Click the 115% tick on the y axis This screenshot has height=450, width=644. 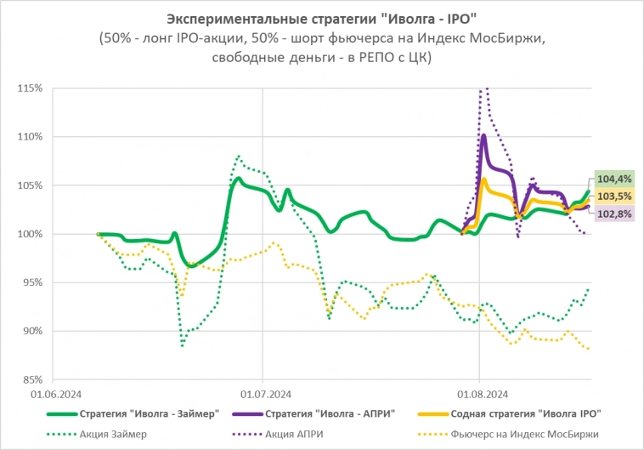click(30, 88)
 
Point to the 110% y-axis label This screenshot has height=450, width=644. click(30, 136)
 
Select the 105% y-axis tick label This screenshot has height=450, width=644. click(30, 185)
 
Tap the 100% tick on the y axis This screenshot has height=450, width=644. click(30, 234)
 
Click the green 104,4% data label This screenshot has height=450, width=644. click(613, 179)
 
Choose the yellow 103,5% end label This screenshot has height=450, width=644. click(613, 197)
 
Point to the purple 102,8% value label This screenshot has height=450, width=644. click(613, 214)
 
